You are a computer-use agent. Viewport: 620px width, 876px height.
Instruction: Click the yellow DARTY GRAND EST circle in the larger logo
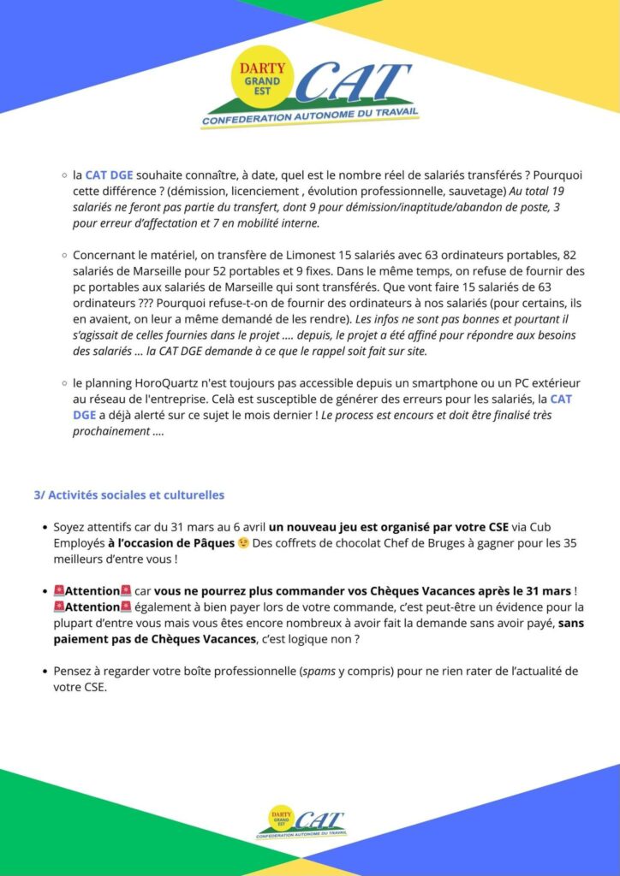pos(261,75)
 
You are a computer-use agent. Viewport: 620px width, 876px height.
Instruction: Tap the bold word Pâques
pos(210,542)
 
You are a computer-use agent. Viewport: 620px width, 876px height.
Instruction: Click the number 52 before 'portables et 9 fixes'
pos(229,270)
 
